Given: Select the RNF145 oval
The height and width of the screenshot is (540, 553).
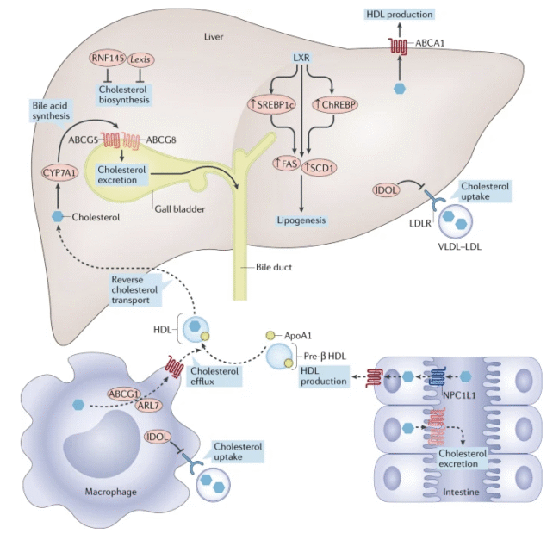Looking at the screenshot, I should coord(108,58).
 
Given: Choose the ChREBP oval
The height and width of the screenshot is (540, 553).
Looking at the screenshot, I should coord(334,104).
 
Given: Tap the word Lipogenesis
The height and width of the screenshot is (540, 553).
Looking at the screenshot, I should coord(301,220).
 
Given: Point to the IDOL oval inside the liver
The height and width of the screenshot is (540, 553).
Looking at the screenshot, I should coord(385,188).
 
